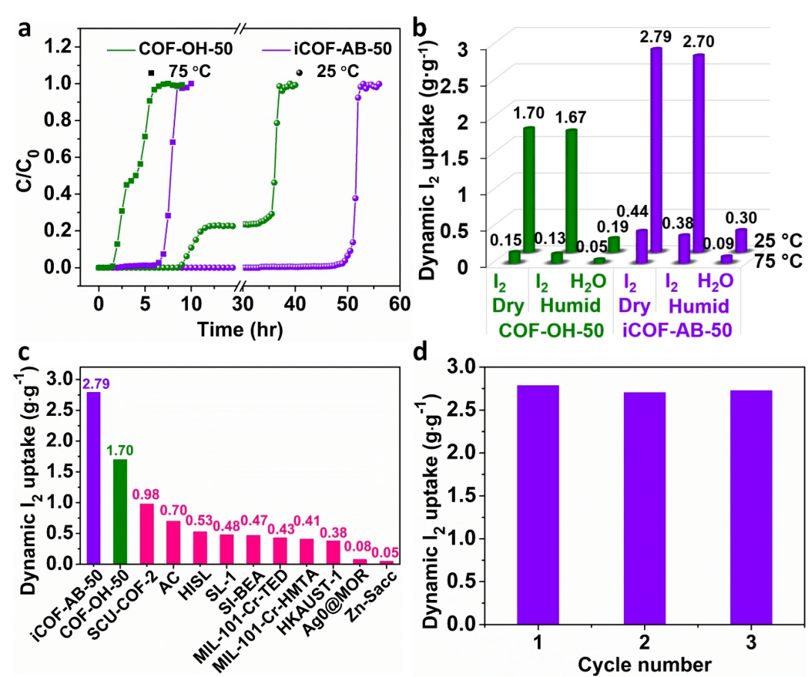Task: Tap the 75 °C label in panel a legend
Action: [187, 74]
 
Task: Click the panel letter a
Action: [25, 28]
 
